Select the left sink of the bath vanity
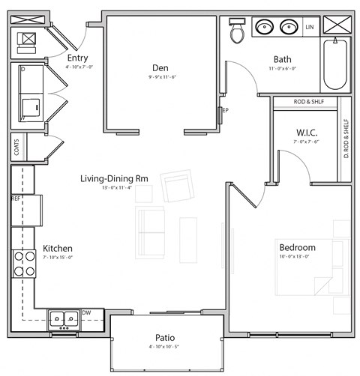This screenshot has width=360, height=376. [264, 28]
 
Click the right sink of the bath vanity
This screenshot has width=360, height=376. [288, 28]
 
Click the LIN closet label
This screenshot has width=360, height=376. [309, 28]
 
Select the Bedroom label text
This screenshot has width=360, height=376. [297, 247]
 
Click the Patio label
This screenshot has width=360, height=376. [166, 338]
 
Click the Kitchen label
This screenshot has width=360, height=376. [57, 249]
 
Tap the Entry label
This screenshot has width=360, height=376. [79, 58]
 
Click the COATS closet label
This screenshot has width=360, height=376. [16, 148]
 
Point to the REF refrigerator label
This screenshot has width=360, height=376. [16, 199]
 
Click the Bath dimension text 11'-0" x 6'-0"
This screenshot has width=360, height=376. [283, 68]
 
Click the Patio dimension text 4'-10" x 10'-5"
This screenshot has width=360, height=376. [166, 348]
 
